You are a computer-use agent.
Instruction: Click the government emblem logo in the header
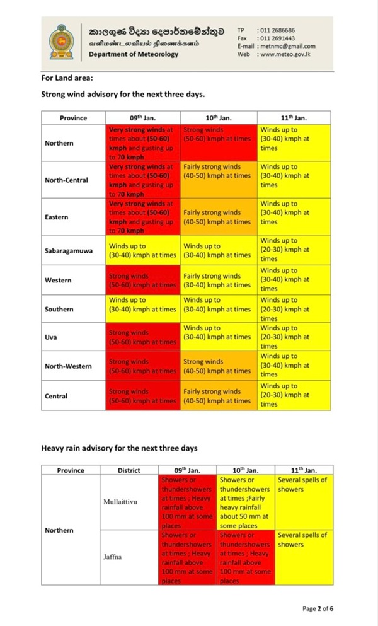click(x=62, y=40)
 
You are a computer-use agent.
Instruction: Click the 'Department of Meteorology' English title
click(x=134, y=54)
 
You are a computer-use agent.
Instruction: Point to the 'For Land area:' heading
click(x=67, y=79)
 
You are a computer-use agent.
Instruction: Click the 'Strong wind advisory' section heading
click(x=123, y=95)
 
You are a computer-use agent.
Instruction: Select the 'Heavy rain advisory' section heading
click(x=119, y=448)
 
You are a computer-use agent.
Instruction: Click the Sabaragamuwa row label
click(x=68, y=250)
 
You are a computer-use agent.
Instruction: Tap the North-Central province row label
click(x=67, y=180)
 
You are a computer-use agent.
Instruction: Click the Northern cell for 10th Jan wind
click(x=219, y=143)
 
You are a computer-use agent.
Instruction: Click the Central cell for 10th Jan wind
click(x=219, y=396)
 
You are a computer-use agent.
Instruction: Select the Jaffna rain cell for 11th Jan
click(x=302, y=557)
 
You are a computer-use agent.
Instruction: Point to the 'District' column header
click(x=129, y=470)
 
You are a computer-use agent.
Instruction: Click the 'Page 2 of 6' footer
click(x=318, y=608)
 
